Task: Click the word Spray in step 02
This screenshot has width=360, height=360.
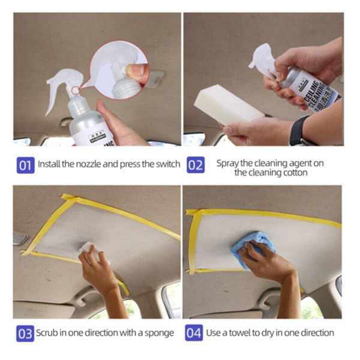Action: (x=226, y=162)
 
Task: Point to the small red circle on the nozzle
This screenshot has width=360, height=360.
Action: (x=74, y=91)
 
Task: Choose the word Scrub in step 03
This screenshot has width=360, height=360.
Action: (x=48, y=333)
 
